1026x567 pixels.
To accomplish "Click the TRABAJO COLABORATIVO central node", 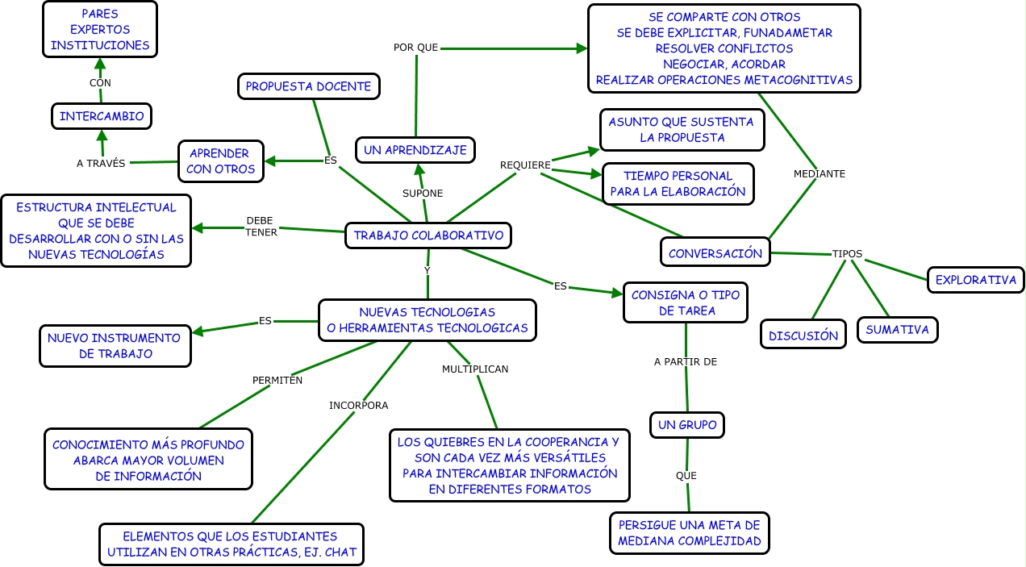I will (x=428, y=236).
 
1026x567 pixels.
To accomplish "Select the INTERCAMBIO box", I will (x=102, y=116).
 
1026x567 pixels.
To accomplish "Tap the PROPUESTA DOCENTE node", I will (x=308, y=86).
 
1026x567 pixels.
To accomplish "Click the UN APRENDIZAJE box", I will (x=415, y=150).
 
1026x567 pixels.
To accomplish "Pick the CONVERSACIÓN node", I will (x=715, y=252).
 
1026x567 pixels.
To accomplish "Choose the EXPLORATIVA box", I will (x=975, y=280).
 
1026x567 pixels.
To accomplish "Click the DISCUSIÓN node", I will (x=803, y=335).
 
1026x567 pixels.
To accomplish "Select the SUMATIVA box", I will (x=897, y=329).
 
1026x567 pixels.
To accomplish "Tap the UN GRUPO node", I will (x=686, y=424).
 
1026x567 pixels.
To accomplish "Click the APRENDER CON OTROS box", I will (x=220, y=161).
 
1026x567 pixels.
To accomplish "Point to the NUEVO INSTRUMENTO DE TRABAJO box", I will (x=115, y=346).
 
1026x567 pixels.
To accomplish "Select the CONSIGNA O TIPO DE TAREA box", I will (x=686, y=302).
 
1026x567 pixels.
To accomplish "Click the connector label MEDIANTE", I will (x=820, y=173).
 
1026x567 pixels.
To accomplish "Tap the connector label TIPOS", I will (x=847, y=254).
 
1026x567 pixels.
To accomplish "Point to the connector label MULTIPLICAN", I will (x=475, y=369).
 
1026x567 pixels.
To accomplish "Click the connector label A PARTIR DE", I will (x=686, y=362).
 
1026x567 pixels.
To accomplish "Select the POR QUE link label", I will (x=415, y=48).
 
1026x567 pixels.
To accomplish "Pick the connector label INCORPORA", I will (x=358, y=405).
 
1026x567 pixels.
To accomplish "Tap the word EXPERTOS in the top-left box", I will (x=99, y=30).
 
